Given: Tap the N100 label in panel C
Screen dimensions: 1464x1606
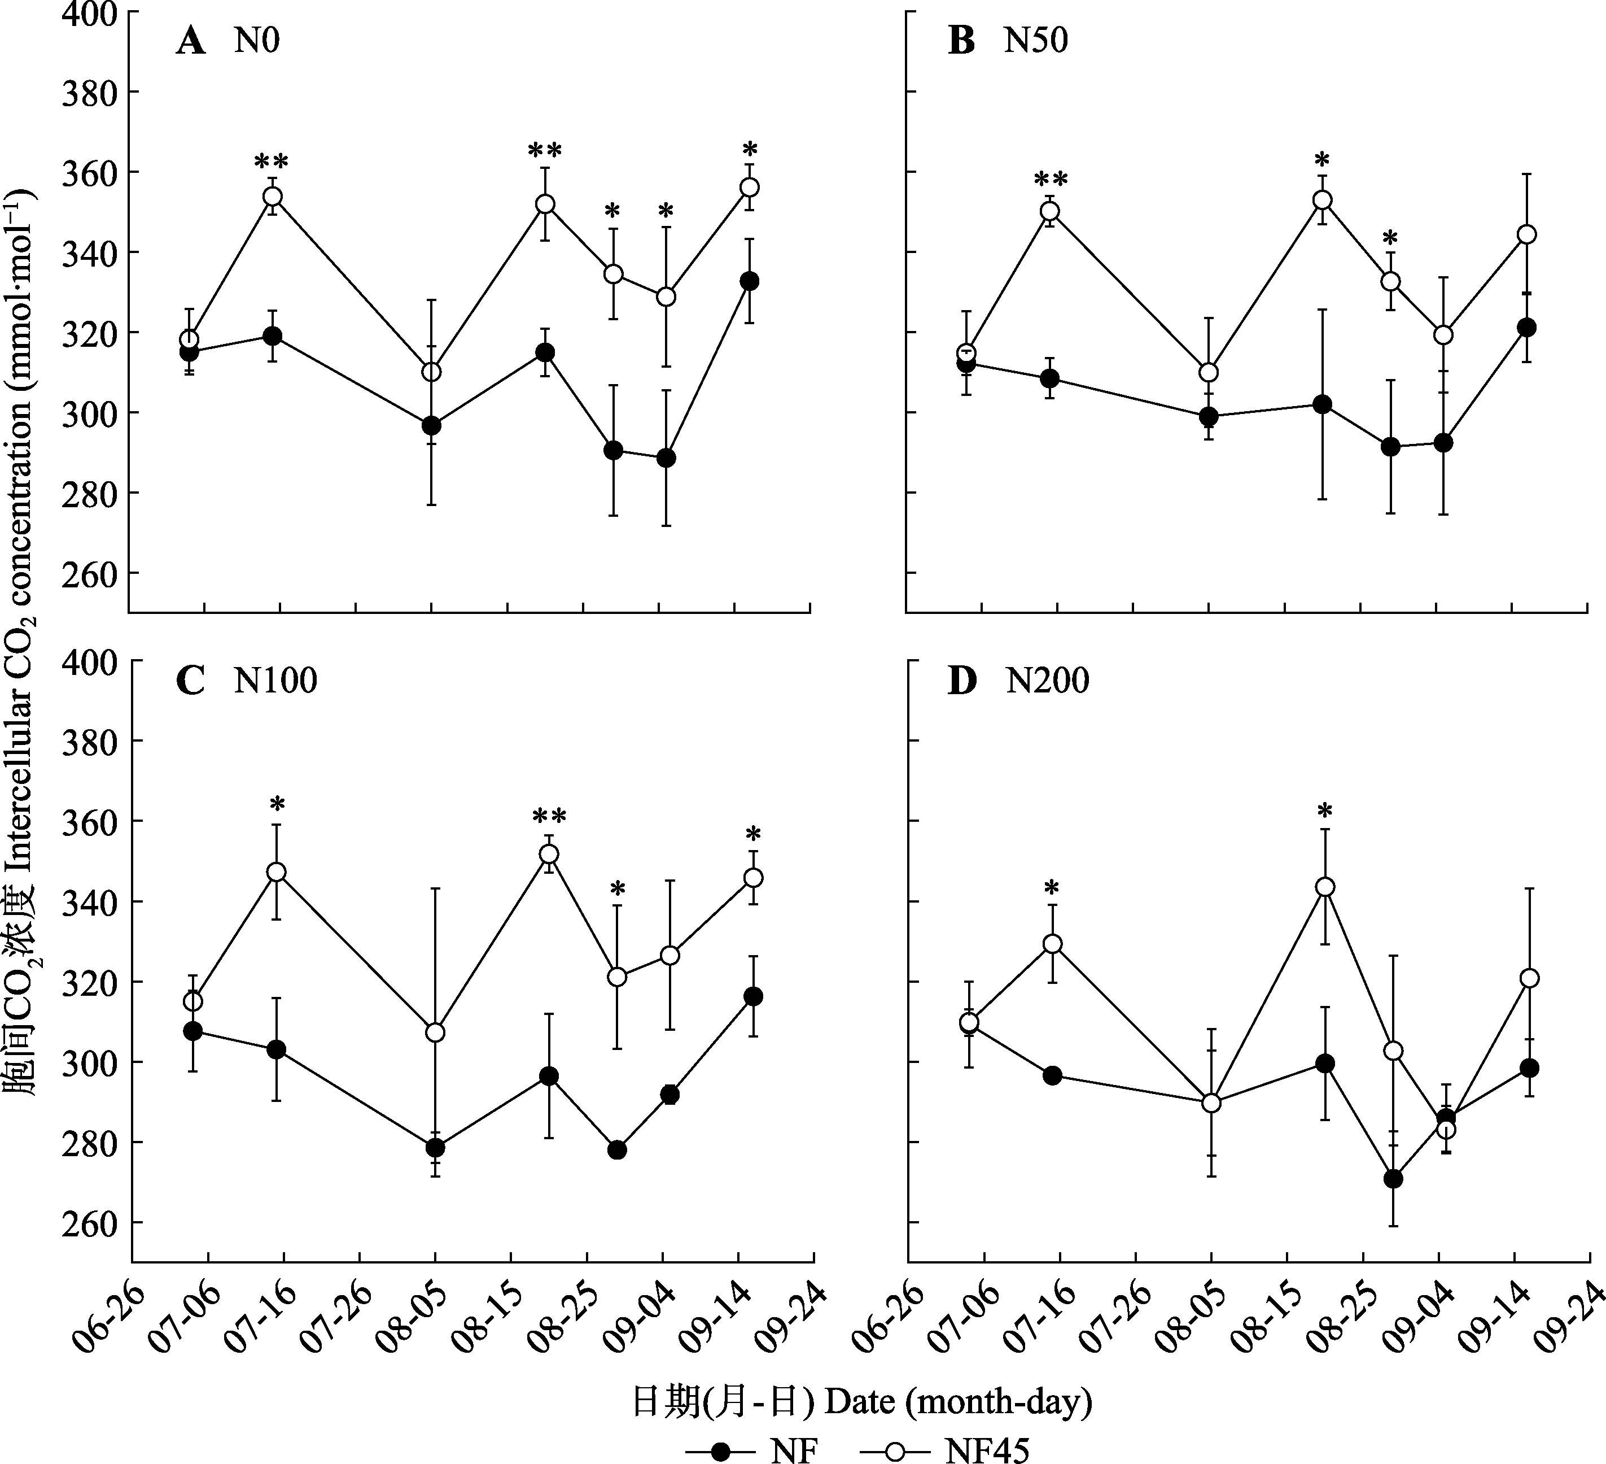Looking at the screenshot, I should coord(275,681).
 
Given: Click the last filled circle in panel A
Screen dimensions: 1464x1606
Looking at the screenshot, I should coord(750,281).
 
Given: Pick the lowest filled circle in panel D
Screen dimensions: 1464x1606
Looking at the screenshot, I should coord(1393,1179).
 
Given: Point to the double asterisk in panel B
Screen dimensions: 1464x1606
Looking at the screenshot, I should coord(1051,178).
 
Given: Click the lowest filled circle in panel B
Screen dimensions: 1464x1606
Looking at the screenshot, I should coord(1391,447).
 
